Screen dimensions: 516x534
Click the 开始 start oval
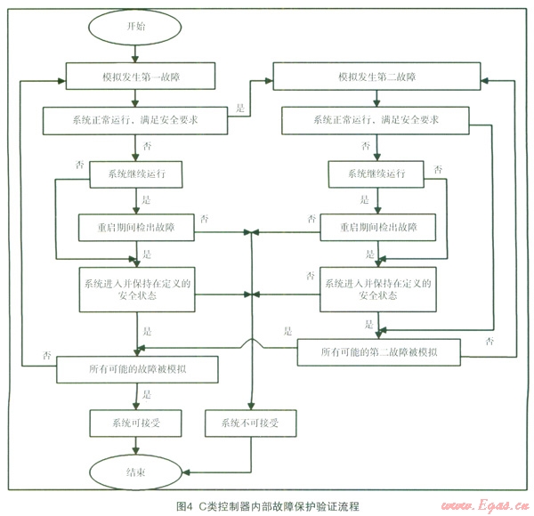coord(137,27)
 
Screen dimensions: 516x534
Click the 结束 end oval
coord(137,471)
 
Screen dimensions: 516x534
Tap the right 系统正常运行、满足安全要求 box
coord(375,119)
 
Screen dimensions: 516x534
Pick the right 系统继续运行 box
coord(375,175)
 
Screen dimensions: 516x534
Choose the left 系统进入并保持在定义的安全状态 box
coord(136,290)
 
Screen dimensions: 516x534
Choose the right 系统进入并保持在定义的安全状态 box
coord(378,290)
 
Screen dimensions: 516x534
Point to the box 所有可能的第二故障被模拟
coord(378,353)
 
